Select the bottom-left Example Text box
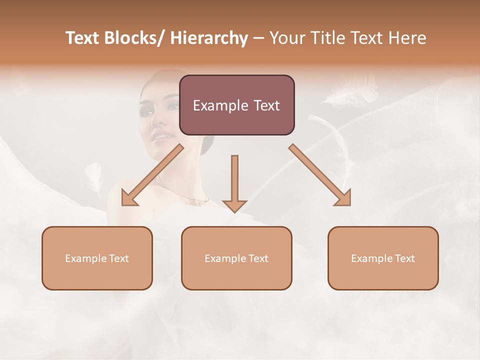[x=97, y=258]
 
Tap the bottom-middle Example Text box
[x=236, y=258]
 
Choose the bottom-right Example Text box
[x=383, y=258]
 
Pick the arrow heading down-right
[x=320, y=175]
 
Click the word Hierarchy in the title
[x=209, y=38]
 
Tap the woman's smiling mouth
[x=162, y=135]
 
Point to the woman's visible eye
[x=173, y=106]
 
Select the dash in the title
[x=258, y=38]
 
